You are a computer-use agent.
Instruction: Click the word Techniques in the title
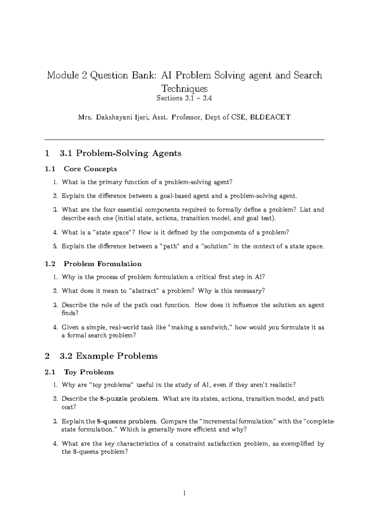pyautogui.click(x=184, y=88)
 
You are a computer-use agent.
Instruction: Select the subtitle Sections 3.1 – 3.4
pyautogui.click(x=184, y=99)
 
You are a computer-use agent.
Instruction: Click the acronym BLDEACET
pyautogui.click(x=271, y=117)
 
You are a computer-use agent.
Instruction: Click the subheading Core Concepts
pyautogui.click(x=90, y=169)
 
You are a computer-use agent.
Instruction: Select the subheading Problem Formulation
pyautogui.click(x=102, y=264)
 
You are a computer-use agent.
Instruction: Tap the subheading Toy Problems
pyautogui.click(x=89, y=372)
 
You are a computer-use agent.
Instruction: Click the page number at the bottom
pyautogui.click(x=184, y=494)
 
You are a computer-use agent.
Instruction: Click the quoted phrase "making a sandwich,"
pyautogui.click(x=201, y=327)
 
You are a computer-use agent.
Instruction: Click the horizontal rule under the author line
pyautogui.click(x=184, y=140)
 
